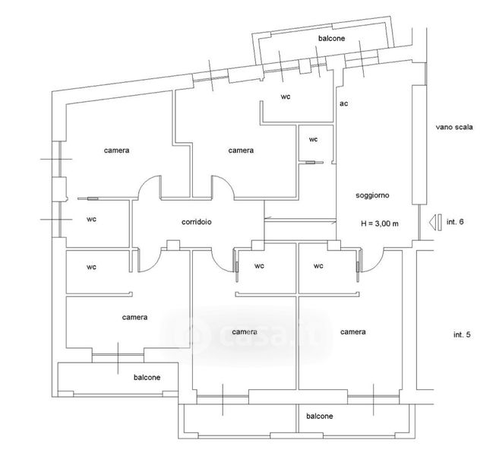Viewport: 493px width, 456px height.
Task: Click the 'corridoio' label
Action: click(x=197, y=223)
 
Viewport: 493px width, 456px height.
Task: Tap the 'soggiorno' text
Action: click(x=372, y=195)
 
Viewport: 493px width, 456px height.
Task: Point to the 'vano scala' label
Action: click(x=454, y=128)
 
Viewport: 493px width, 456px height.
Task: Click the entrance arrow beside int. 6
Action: click(x=434, y=222)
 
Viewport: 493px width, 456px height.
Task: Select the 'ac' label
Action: click(x=343, y=103)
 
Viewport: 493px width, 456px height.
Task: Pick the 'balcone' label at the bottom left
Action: click(x=147, y=377)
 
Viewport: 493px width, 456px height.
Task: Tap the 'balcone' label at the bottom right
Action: click(x=319, y=416)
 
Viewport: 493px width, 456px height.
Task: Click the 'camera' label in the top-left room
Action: click(x=116, y=150)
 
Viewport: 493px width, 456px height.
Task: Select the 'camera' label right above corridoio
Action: click(x=241, y=150)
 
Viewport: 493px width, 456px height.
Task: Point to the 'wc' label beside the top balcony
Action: click(x=286, y=97)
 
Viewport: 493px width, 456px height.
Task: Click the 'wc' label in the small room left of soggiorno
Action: click(x=313, y=139)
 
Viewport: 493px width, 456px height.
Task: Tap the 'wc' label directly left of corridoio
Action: click(x=91, y=219)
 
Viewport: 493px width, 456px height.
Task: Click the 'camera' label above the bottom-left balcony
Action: click(x=134, y=317)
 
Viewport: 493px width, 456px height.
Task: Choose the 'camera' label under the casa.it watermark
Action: click(x=245, y=332)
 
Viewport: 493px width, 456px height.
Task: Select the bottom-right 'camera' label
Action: click(x=353, y=332)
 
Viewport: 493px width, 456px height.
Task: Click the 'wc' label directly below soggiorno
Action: click(x=318, y=266)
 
